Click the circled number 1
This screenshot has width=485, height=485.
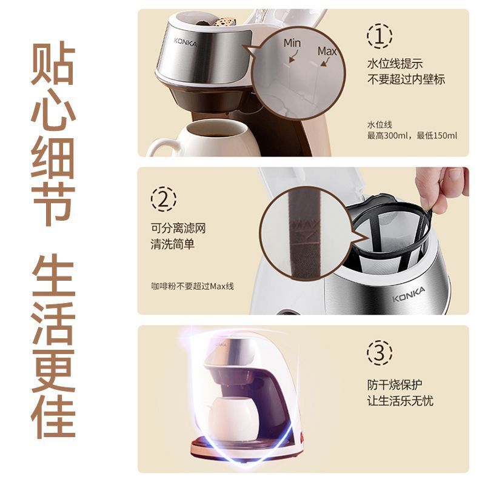[x=380, y=36]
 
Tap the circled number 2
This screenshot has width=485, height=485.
[x=164, y=199]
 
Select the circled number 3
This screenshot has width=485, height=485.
[x=380, y=353]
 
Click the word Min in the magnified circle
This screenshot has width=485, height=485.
[x=292, y=43]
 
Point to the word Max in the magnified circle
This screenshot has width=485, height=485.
[x=327, y=51]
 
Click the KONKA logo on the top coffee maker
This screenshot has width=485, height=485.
[x=186, y=42]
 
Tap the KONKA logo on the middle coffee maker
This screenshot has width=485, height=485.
[x=409, y=294]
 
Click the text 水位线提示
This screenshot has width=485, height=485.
[x=395, y=64]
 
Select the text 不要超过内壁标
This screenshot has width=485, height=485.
[x=406, y=79]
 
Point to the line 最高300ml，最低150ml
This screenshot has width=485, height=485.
[x=412, y=135]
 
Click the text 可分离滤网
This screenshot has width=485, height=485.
[x=178, y=229]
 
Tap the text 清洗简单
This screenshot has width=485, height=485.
[x=173, y=244]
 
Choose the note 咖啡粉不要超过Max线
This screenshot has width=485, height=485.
[x=192, y=286]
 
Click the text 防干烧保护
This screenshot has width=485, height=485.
[x=395, y=385]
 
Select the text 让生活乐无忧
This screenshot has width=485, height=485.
[x=400, y=401]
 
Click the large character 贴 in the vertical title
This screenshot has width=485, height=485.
[x=53, y=63]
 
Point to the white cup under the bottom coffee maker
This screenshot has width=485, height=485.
[x=233, y=418]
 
